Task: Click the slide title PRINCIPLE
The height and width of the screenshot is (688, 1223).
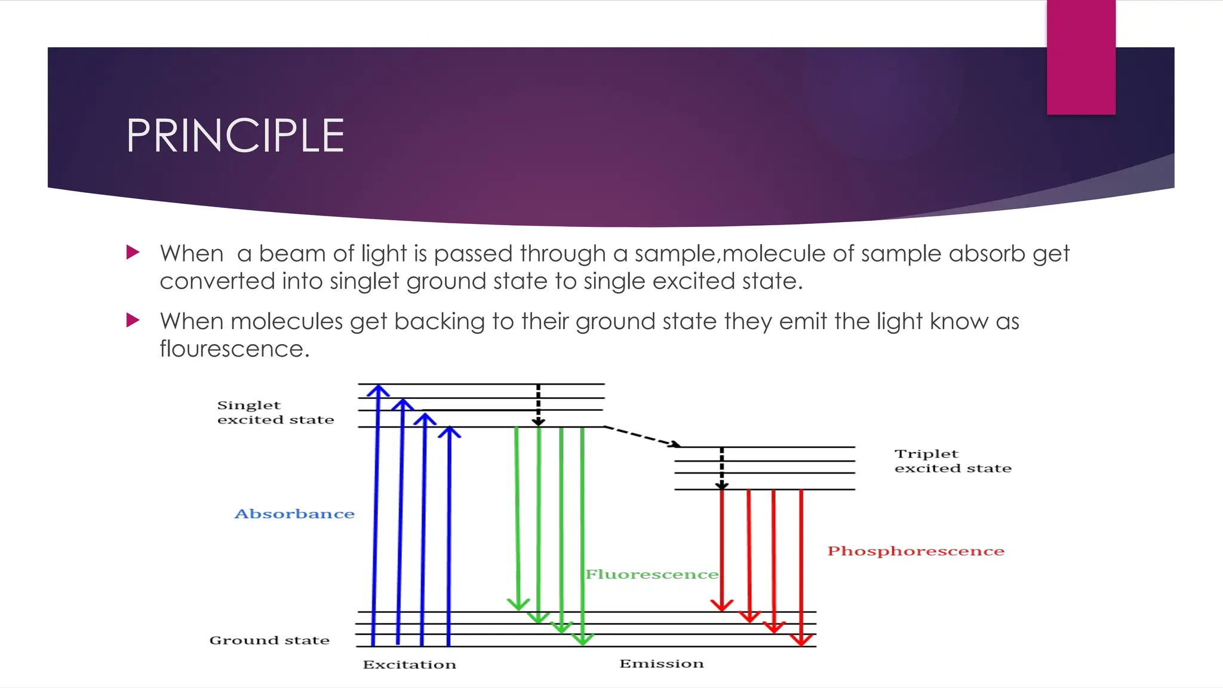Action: pyautogui.click(x=235, y=136)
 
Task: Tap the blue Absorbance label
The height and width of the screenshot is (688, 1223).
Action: pyautogui.click(x=294, y=514)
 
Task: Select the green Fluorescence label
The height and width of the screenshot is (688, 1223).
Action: pyautogui.click(x=652, y=575)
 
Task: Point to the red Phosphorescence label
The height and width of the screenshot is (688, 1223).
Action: pyautogui.click(x=915, y=551)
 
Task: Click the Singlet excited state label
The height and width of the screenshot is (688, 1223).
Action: pyautogui.click(x=275, y=412)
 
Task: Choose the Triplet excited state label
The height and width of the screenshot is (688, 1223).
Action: pyautogui.click(x=952, y=461)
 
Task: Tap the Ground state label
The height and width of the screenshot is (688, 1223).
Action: pyautogui.click(x=269, y=640)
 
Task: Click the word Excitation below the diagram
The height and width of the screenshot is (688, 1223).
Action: pyautogui.click(x=410, y=665)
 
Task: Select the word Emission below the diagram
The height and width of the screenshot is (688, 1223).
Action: pyautogui.click(x=662, y=664)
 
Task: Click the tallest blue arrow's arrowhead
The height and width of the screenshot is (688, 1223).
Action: pyautogui.click(x=378, y=391)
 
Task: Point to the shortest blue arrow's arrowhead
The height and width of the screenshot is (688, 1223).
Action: pyautogui.click(x=449, y=432)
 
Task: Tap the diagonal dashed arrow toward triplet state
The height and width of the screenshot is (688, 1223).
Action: pyautogui.click(x=642, y=437)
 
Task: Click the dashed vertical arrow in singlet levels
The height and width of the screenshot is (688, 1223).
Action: pyautogui.click(x=538, y=405)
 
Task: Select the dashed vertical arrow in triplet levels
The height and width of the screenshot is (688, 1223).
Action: pyautogui.click(x=721, y=468)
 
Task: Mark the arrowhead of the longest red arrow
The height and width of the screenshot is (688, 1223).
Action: pyautogui.click(x=801, y=640)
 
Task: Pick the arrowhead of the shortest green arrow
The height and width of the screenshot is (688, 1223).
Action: pyautogui.click(x=518, y=604)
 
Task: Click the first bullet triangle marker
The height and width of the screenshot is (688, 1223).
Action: pyautogui.click(x=133, y=252)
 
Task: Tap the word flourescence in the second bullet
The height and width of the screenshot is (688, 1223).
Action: pyautogui.click(x=234, y=349)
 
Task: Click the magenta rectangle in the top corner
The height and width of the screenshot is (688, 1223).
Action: pyautogui.click(x=1081, y=57)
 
